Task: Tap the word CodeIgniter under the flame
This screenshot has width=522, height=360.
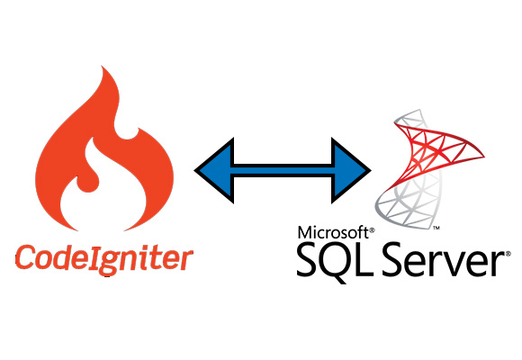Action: point(103,258)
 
